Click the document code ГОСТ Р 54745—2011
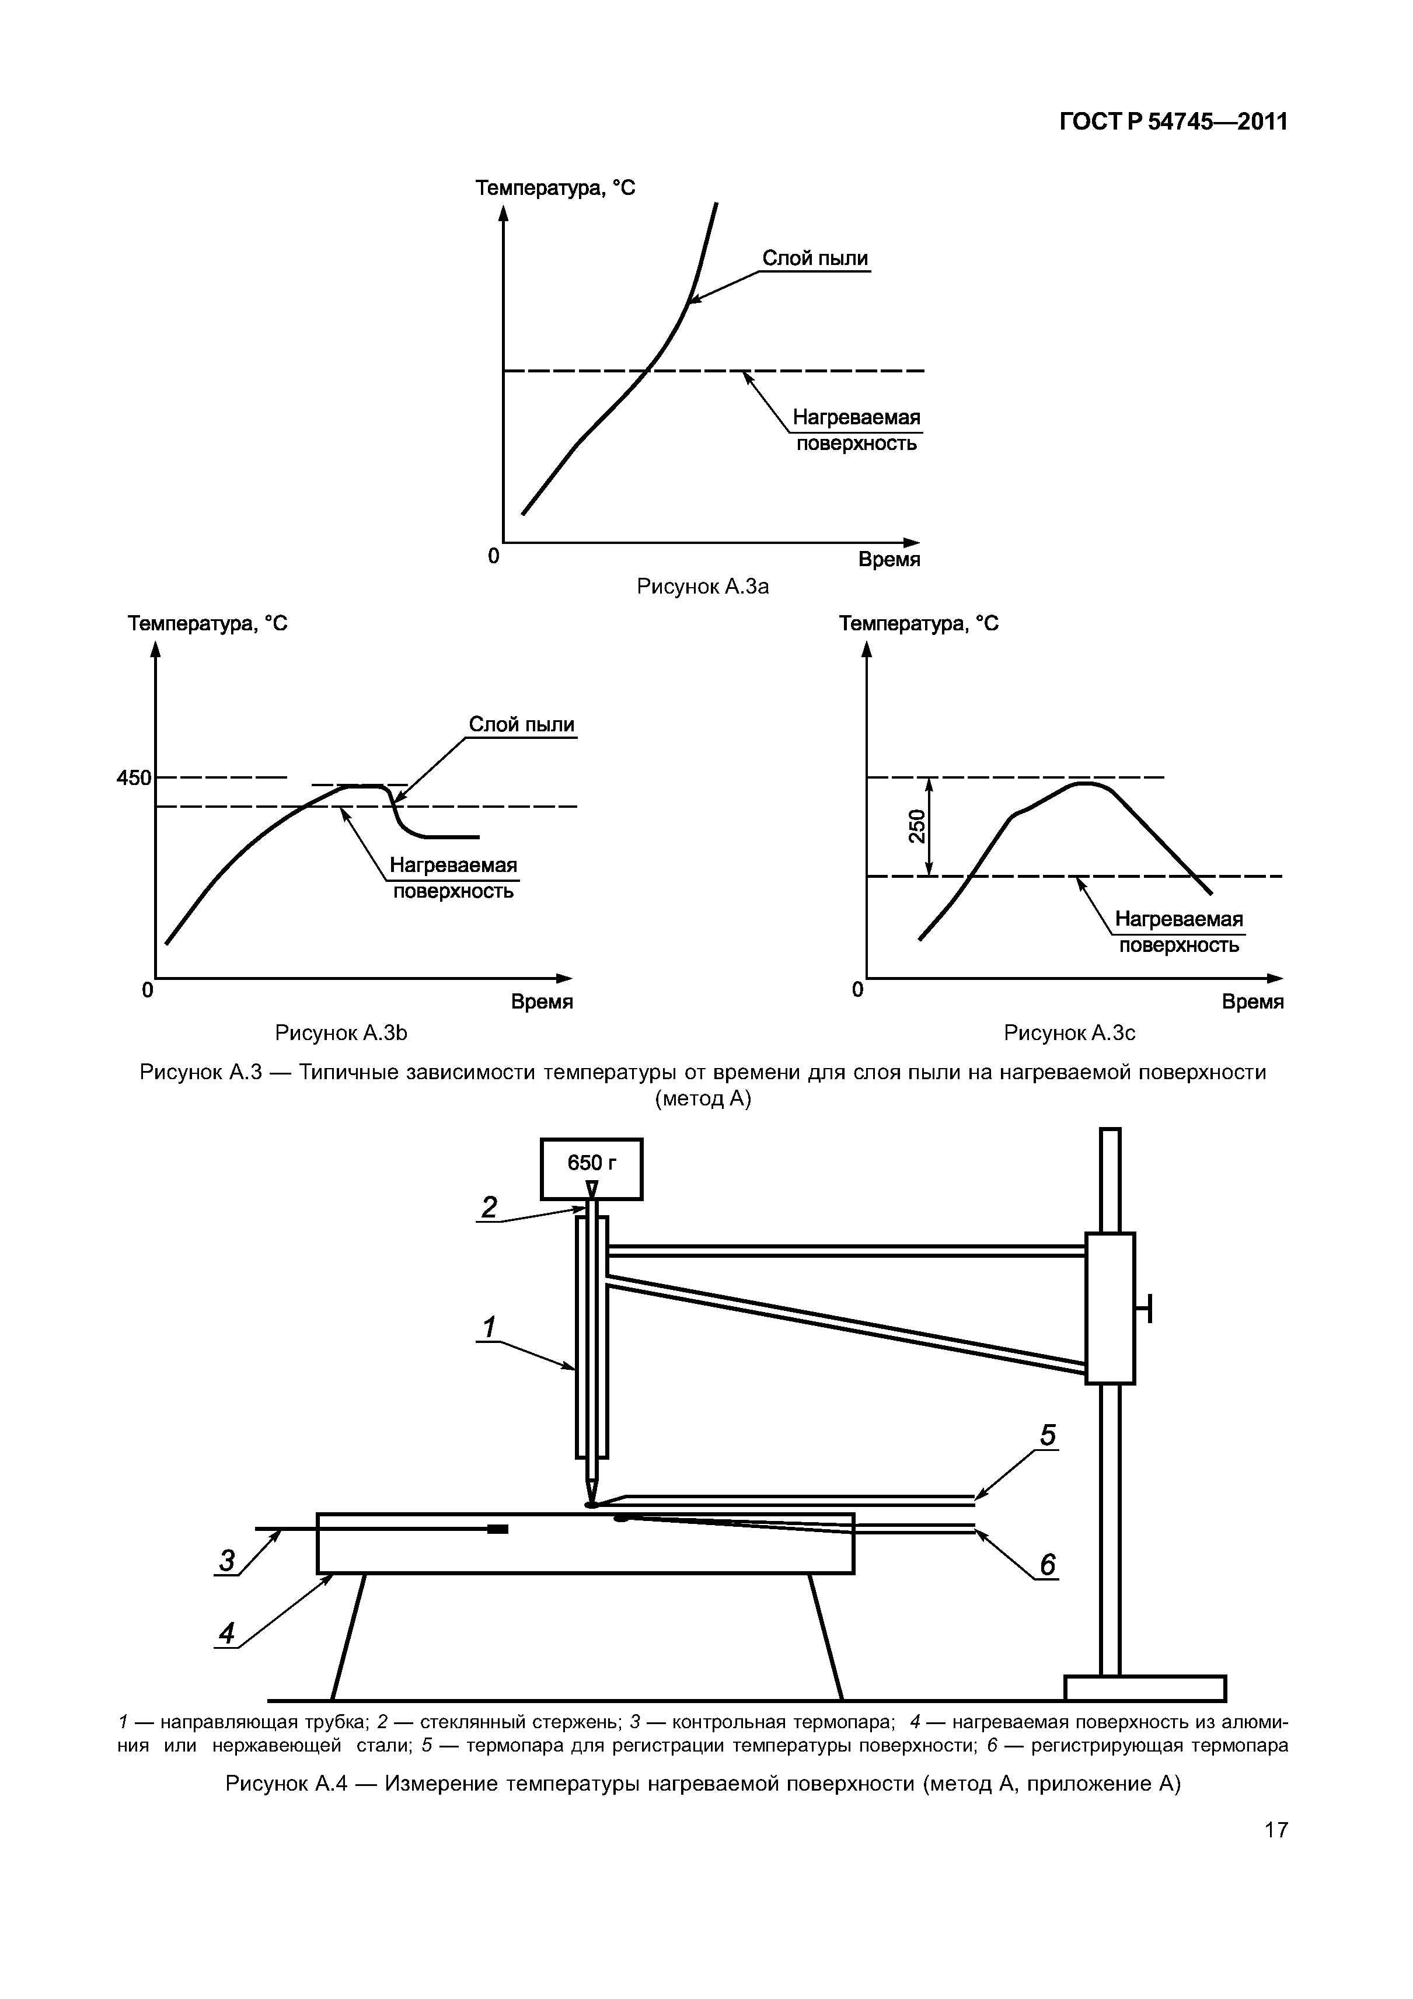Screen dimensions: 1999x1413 coord(1172,123)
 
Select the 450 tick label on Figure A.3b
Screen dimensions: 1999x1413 coord(134,777)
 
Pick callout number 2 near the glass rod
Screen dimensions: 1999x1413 coord(489,1208)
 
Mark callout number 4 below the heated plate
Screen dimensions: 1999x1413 coord(227,1634)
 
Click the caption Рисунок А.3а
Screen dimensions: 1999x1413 coord(703,587)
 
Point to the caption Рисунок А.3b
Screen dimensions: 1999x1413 coord(341,1032)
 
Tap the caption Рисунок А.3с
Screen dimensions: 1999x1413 coord(1069,1032)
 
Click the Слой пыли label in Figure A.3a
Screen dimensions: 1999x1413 coord(815,259)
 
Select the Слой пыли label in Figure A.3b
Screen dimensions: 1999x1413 coord(522,724)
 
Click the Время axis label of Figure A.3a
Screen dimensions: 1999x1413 coord(889,560)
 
